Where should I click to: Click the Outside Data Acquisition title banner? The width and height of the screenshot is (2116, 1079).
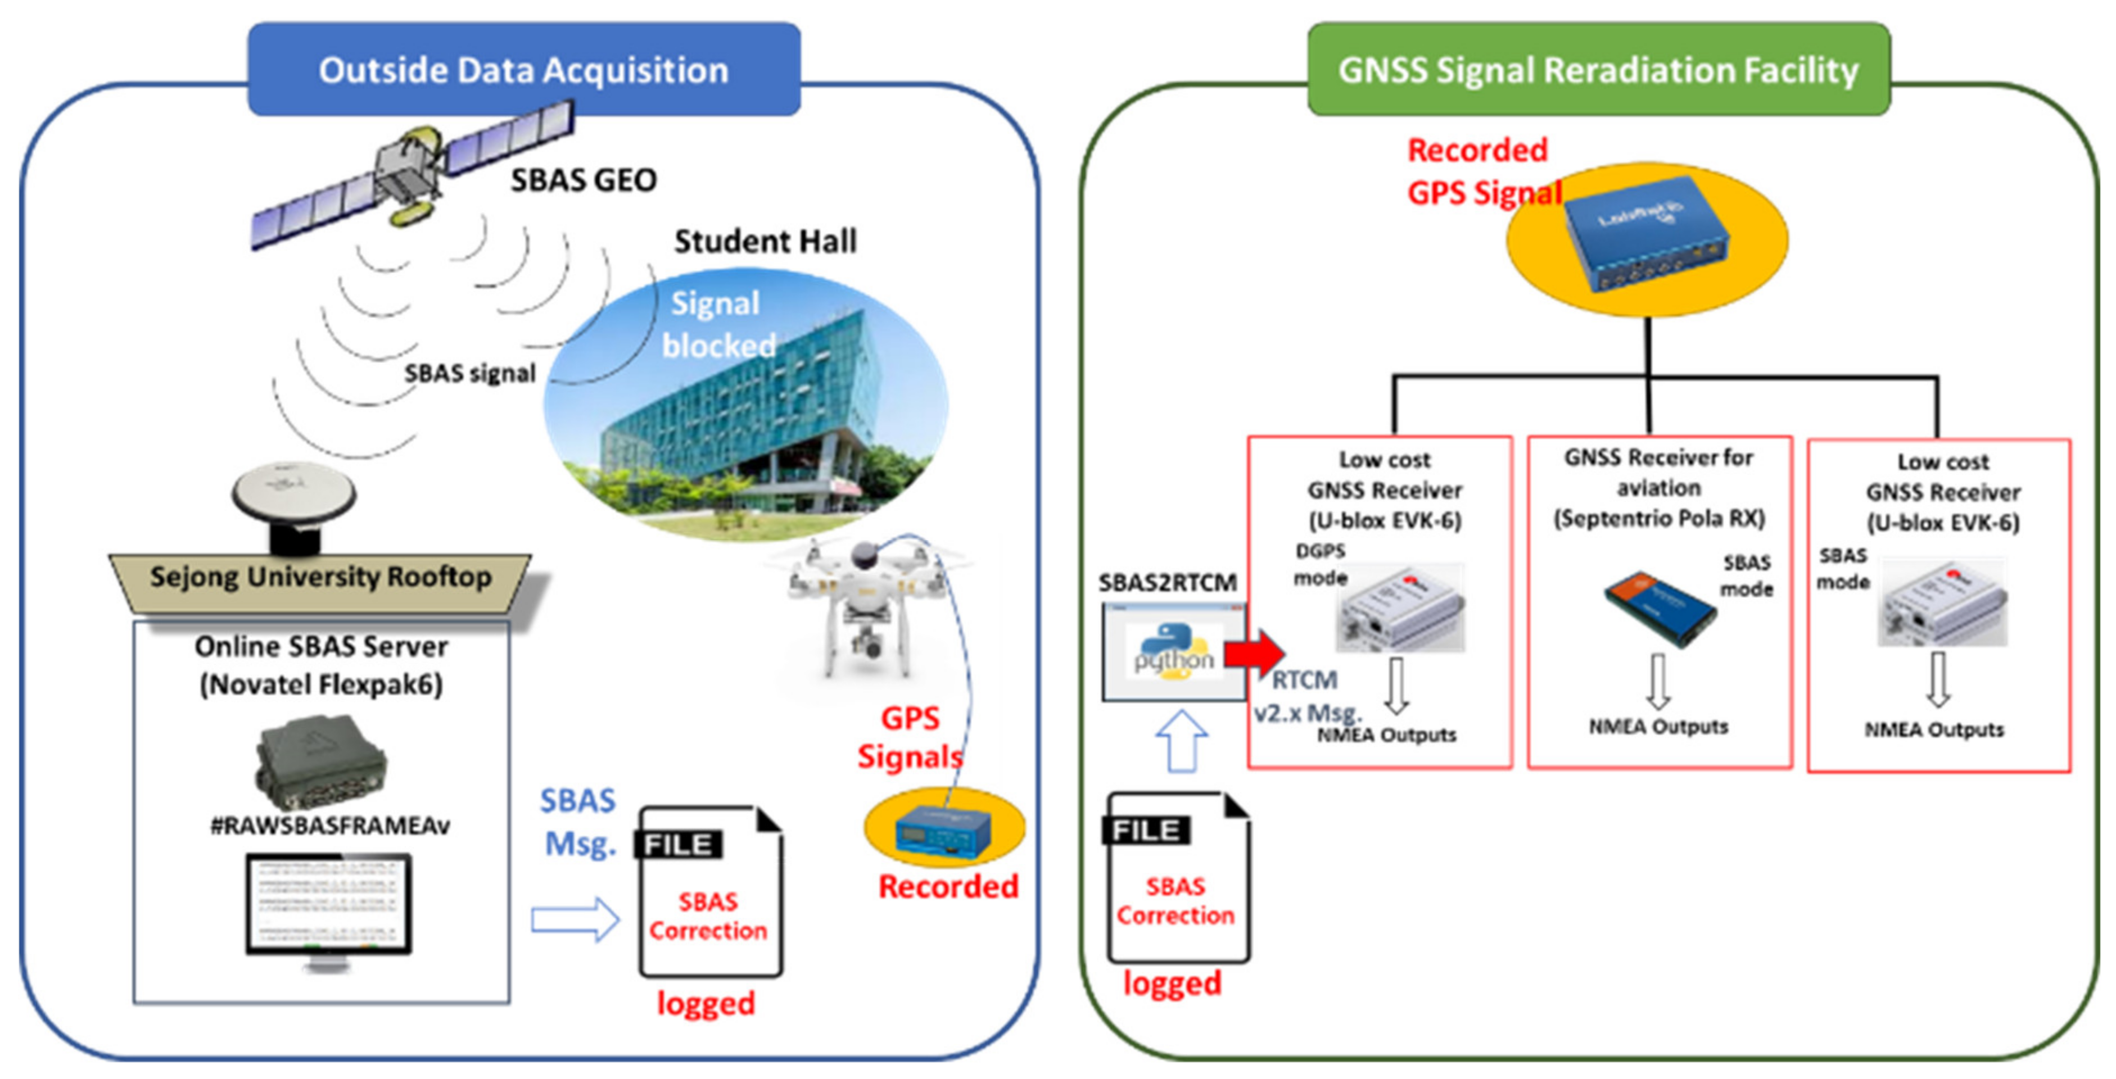[x=524, y=70]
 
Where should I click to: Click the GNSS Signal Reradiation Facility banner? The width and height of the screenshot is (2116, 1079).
[x=1598, y=70]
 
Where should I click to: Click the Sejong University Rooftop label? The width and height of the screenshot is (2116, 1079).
[x=320, y=577]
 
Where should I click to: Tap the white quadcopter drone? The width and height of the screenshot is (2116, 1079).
[x=862, y=607]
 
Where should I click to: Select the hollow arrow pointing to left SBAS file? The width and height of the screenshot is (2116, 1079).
[x=574, y=920]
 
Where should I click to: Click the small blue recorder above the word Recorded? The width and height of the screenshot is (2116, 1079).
[x=943, y=833]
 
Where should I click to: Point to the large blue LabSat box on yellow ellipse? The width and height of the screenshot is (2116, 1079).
[x=1645, y=234]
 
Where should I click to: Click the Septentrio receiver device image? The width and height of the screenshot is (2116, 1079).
[x=1660, y=607]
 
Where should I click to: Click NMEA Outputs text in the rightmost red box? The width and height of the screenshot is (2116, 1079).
[x=1934, y=729]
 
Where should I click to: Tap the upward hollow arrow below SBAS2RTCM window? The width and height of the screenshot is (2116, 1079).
[x=1181, y=739]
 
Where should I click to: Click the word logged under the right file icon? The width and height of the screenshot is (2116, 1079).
[x=1172, y=983]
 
